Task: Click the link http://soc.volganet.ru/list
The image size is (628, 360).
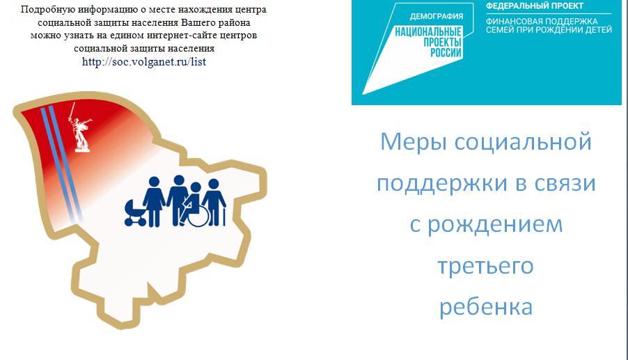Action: click(144, 62)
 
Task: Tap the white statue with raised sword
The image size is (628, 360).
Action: click(80, 127)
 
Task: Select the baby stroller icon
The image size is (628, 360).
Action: click(135, 213)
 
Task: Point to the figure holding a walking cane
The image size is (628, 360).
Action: click(214, 202)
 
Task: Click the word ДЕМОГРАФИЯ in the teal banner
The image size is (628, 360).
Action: click(436, 17)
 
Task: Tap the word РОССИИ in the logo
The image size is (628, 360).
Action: click(446, 52)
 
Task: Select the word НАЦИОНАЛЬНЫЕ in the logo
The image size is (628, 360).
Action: click(428, 31)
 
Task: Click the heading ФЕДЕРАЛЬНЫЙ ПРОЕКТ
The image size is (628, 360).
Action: click(534, 6)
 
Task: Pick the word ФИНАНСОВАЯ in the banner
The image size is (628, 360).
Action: click(510, 21)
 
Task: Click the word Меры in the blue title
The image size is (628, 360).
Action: click(413, 142)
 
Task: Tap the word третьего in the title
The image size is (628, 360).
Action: click(485, 266)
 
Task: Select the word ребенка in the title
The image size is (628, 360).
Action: click(486, 307)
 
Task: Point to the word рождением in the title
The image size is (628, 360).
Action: click(495, 224)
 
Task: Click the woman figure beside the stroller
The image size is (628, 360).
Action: click(154, 201)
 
